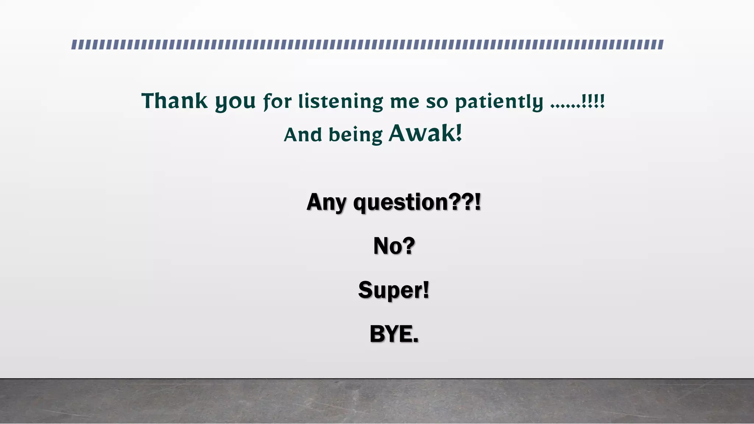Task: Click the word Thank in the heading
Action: (175, 101)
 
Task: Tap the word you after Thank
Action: (235, 102)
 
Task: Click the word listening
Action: (341, 102)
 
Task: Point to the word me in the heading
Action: (405, 102)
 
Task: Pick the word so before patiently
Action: (437, 102)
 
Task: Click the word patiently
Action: (499, 102)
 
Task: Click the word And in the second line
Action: (303, 135)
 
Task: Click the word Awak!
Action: (425, 133)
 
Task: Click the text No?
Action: (394, 246)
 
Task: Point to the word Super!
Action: (394, 290)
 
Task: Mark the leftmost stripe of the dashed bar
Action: (74, 45)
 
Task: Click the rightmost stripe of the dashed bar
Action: (660, 45)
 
